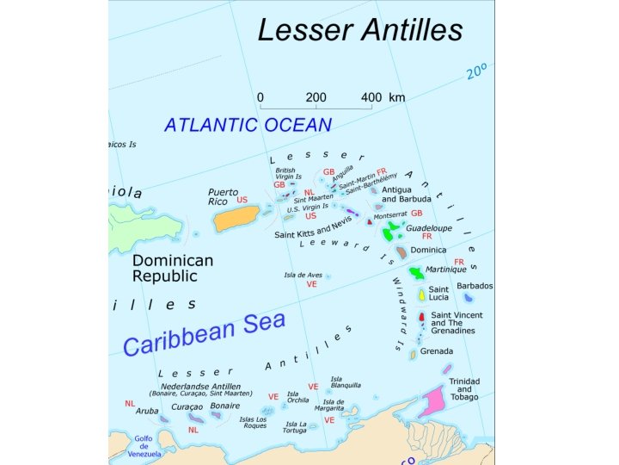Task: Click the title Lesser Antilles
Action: click(x=360, y=31)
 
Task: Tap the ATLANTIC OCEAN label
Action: click(x=248, y=125)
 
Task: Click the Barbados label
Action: click(x=475, y=285)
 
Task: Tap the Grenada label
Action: click(x=437, y=351)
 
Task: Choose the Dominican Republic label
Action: click(x=172, y=268)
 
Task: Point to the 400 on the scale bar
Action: click(x=371, y=97)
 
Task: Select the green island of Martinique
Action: click(x=417, y=273)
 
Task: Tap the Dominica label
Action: click(x=428, y=251)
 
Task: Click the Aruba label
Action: click(x=147, y=411)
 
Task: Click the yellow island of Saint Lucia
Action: click(x=422, y=294)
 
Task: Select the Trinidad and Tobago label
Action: click(x=465, y=388)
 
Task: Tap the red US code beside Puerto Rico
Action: click(x=242, y=200)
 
